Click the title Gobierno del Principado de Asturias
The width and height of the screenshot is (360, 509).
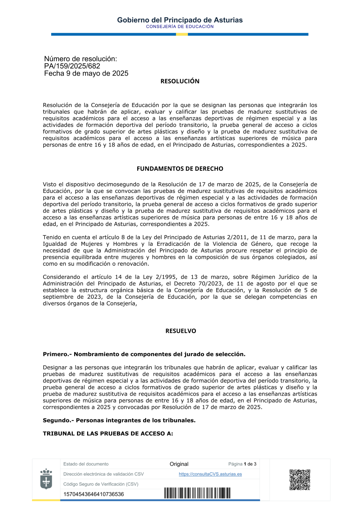(180, 20)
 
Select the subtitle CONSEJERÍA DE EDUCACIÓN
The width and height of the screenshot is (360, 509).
(180, 27)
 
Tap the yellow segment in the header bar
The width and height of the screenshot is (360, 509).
(182, 35)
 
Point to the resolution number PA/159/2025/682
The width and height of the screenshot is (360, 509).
(72, 66)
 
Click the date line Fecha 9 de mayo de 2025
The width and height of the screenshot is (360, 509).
(86, 73)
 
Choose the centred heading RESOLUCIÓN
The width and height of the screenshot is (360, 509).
(180, 81)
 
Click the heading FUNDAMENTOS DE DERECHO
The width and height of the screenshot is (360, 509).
(180, 169)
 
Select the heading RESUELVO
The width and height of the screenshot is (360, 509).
(180, 331)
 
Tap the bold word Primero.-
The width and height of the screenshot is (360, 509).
(57, 354)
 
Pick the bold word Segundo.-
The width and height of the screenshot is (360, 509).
(58, 420)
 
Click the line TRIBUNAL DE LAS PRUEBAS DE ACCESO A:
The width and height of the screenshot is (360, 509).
(108, 434)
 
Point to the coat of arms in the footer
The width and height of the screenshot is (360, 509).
(46, 479)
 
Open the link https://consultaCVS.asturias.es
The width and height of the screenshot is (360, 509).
(210, 474)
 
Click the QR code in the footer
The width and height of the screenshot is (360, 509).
(300, 479)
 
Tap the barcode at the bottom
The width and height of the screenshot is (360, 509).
(197, 493)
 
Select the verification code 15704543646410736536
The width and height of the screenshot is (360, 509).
(94, 494)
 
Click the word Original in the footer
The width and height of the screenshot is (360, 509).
(179, 464)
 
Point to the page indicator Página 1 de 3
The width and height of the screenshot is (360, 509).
(242, 464)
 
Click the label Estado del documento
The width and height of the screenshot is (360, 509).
(86, 464)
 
